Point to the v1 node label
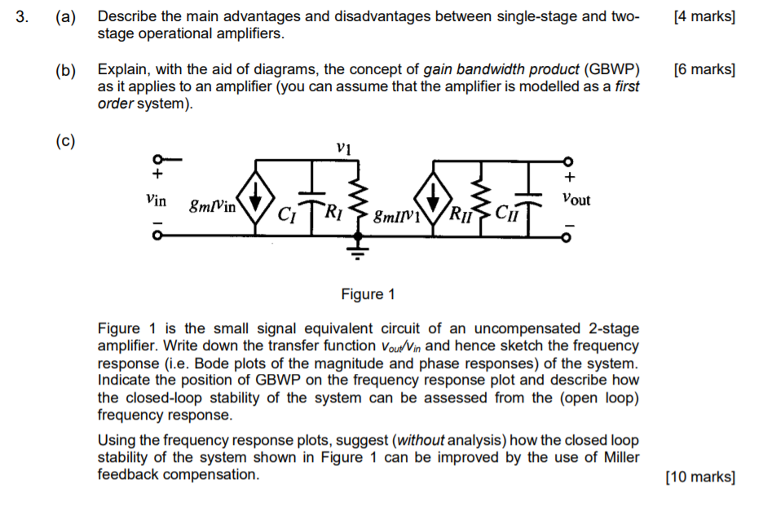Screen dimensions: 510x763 click(343, 148)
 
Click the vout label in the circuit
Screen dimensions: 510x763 click(576, 199)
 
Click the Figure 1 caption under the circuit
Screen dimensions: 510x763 click(368, 294)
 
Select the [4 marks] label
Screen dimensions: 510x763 click(705, 17)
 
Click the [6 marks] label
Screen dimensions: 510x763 click(705, 69)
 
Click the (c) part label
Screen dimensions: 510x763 click(65, 141)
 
